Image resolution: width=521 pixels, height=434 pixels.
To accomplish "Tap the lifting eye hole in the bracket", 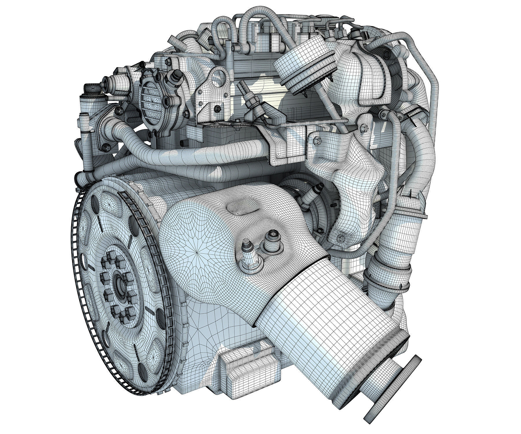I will point(216,71).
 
